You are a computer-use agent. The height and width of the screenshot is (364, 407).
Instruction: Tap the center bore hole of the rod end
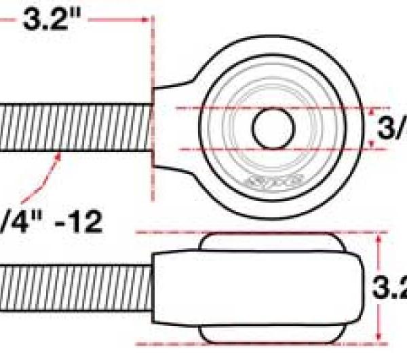click(x=273, y=127)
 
